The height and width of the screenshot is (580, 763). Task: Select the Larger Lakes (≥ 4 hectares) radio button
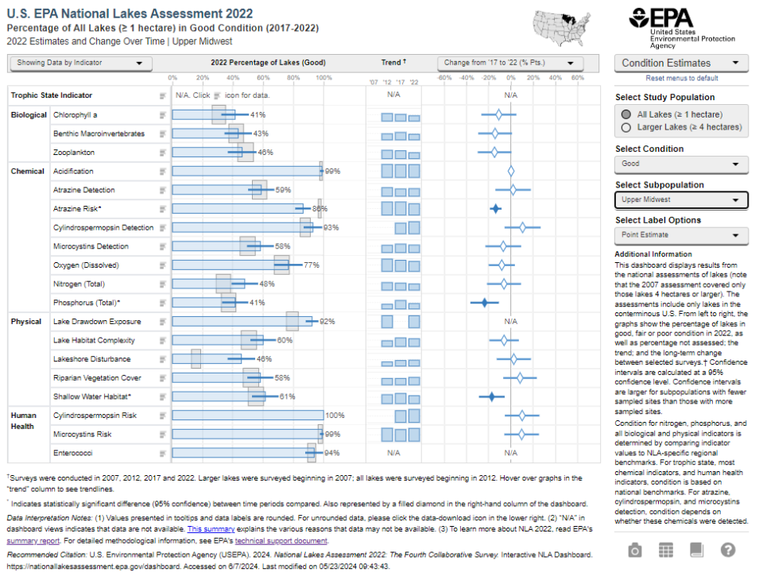click(x=627, y=127)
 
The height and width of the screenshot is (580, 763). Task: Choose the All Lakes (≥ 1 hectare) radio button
click(x=627, y=114)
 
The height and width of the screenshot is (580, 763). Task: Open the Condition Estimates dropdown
click(x=681, y=63)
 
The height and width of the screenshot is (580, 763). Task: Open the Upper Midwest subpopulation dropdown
click(x=681, y=199)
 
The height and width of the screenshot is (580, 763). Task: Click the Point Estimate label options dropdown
click(x=681, y=235)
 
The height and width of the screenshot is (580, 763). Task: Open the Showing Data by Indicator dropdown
click(x=80, y=63)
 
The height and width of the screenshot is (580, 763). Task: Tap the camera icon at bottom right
click(x=635, y=550)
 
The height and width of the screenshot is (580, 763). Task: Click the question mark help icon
click(x=728, y=550)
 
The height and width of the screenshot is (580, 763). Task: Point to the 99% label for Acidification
click(x=332, y=172)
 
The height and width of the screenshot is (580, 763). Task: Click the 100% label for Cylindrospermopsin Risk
click(x=335, y=416)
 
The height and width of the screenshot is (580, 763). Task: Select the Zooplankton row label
click(x=74, y=152)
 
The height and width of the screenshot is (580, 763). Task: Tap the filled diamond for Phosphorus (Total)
click(x=483, y=303)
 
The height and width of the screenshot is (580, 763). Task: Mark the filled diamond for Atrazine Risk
click(x=495, y=209)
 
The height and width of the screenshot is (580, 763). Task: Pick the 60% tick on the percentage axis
click(x=263, y=78)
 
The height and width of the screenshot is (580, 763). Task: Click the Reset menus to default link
click(x=681, y=78)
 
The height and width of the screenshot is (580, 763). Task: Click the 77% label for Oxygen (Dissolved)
click(x=311, y=265)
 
